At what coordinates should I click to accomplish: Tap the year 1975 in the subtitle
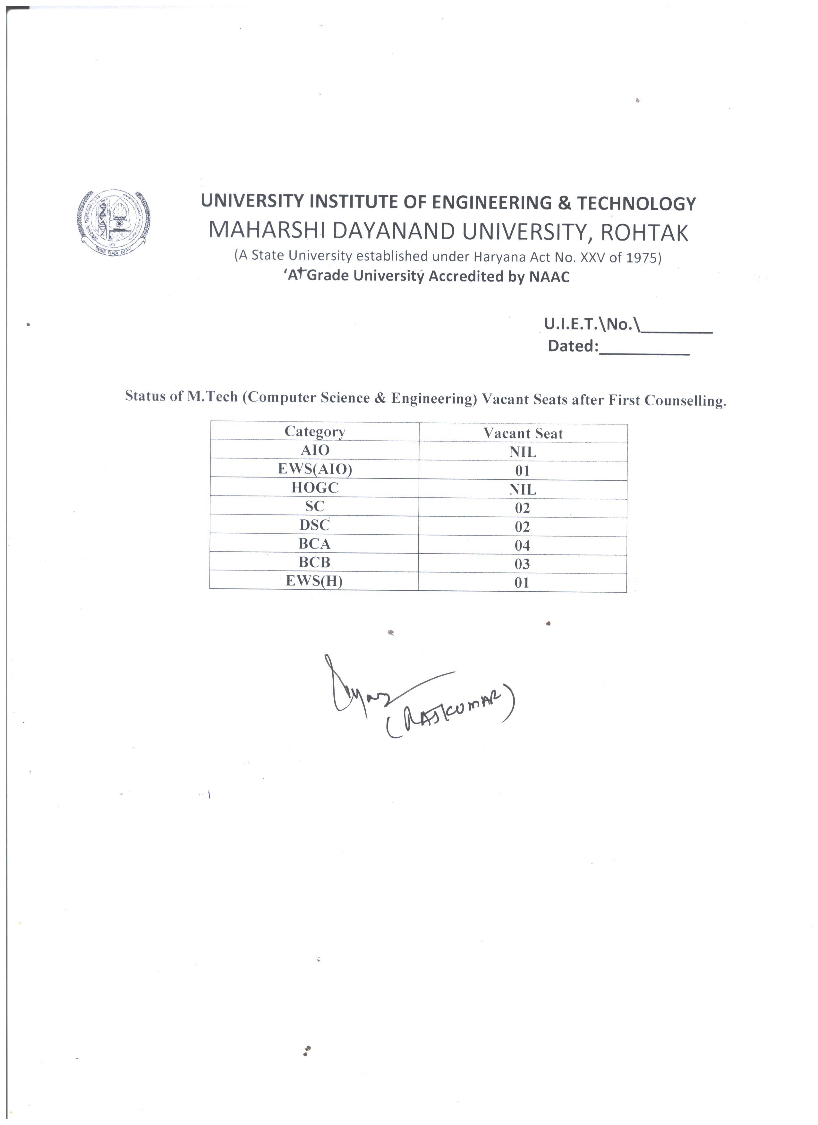pyautogui.click(x=640, y=258)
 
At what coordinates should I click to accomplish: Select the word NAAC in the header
pyautogui.click(x=549, y=277)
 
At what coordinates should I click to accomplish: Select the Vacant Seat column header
pyautogui.click(x=523, y=434)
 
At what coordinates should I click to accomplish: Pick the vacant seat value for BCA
pyautogui.click(x=522, y=546)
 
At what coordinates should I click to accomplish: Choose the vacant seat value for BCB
pyautogui.click(x=522, y=564)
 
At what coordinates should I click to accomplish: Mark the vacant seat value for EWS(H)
pyautogui.click(x=522, y=583)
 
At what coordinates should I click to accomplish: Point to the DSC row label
pyautogui.click(x=314, y=525)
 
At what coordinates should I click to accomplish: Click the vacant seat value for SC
pyautogui.click(x=522, y=508)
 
